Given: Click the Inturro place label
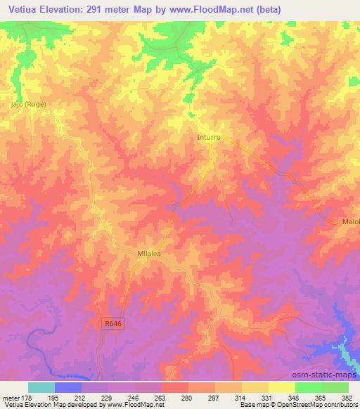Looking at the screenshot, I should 210,138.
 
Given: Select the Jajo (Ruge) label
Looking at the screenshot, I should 28,104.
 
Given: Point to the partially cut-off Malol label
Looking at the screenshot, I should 350,221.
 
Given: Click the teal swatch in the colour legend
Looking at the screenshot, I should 41,387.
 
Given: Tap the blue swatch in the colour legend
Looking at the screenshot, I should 68,387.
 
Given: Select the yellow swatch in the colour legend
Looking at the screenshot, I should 282,387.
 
